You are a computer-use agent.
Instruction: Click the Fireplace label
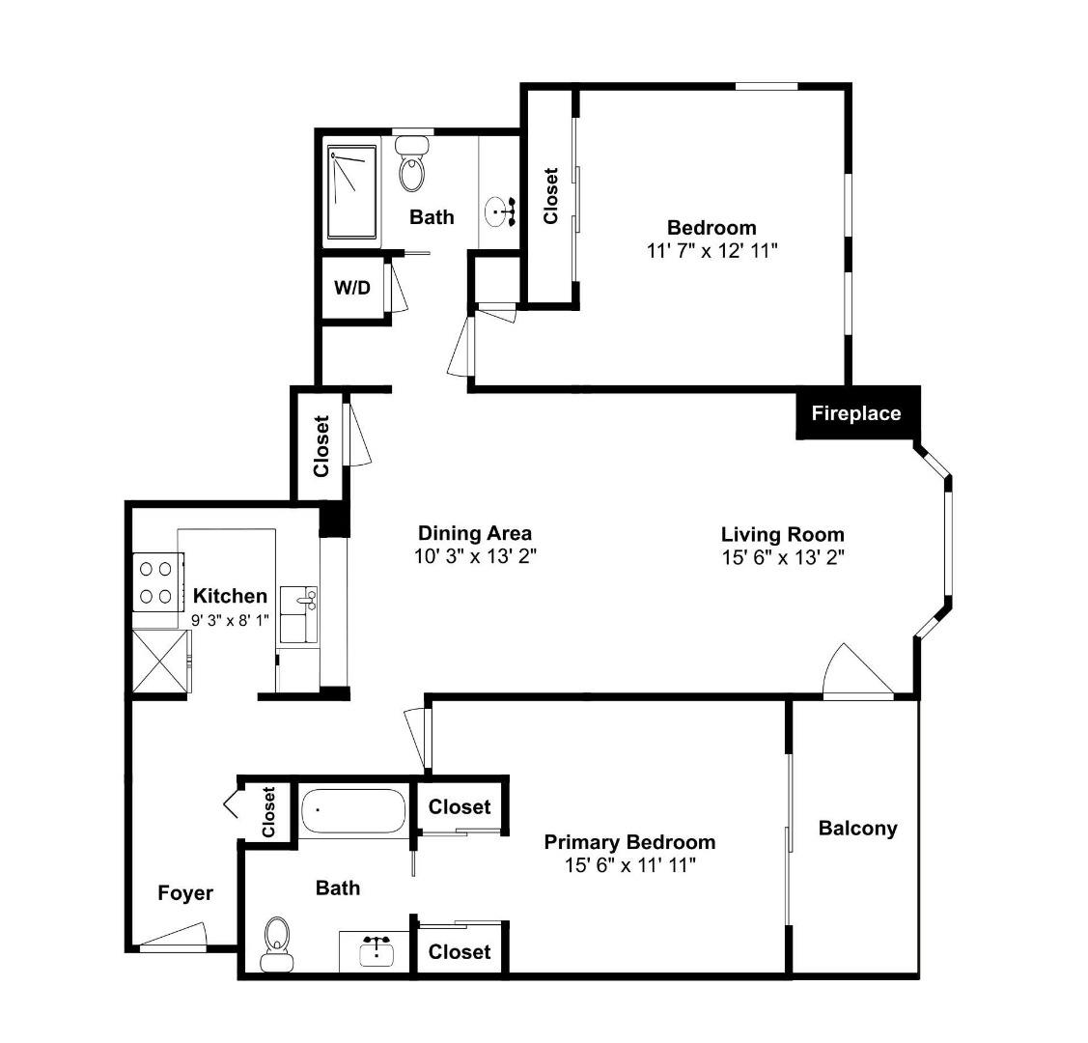[856, 413]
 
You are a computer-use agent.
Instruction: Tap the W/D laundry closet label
[352, 287]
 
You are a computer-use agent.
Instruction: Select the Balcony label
[857, 829]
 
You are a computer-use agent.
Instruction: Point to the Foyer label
[185, 893]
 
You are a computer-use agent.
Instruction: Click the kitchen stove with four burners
[158, 581]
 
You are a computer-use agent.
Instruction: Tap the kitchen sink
[299, 614]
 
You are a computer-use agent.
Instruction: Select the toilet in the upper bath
[412, 164]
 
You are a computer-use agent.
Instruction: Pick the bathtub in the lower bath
[353, 810]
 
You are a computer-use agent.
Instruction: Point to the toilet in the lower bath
[275, 944]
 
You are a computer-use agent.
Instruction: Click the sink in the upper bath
[500, 211]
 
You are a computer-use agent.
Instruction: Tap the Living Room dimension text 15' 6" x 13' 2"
[783, 557]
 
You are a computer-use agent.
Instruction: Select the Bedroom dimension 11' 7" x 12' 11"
[711, 250]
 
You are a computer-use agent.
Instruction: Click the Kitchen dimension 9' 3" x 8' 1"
[230, 620]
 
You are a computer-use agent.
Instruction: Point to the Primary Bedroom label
[629, 842]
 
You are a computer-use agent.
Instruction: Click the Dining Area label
[475, 534]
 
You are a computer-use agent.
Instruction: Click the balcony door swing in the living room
[857, 669]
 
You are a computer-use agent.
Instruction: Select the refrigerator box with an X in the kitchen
[160, 661]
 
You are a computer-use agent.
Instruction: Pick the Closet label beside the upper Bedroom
[551, 196]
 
